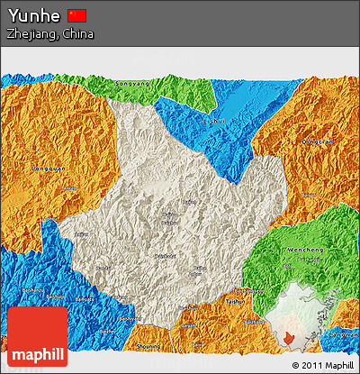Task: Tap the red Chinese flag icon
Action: pos(77,15)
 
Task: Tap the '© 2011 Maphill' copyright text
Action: pos(322,365)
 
